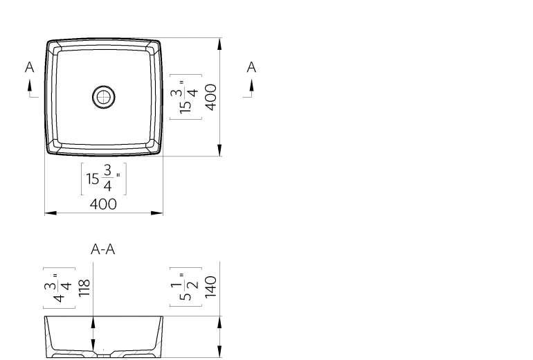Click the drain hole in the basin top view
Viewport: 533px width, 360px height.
click(x=104, y=97)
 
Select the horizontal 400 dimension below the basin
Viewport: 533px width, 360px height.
click(x=103, y=204)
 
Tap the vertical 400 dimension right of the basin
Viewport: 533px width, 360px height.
click(x=211, y=97)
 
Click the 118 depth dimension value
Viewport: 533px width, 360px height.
click(x=84, y=288)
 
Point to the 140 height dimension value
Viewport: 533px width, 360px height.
click(x=210, y=287)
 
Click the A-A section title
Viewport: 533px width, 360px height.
click(x=103, y=249)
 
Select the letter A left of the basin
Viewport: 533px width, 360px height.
click(x=30, y=67)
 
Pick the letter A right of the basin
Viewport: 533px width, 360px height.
click(x=251, y=67)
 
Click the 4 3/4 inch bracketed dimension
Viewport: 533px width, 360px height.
click(x=59, y=288)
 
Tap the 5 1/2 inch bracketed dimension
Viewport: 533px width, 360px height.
click(x=186, y=287)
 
